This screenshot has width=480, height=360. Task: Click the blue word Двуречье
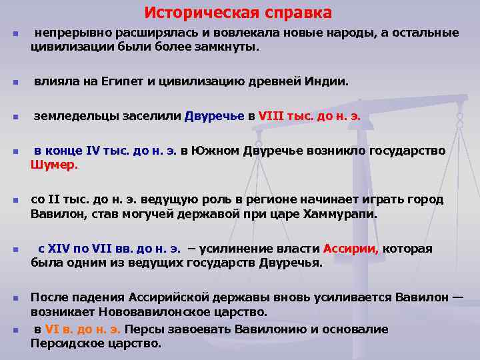[x=215, y=116]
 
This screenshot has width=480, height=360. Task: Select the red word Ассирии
[x=351, y=249]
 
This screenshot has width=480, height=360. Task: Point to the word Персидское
[x=64, y=344]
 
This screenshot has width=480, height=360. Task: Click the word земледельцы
[x=73, y=116]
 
